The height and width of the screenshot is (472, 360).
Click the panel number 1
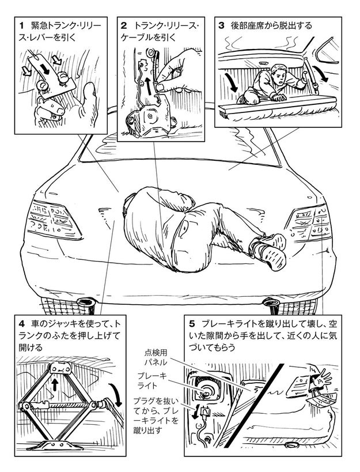coord(21,25)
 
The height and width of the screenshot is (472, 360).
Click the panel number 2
coord(124,25)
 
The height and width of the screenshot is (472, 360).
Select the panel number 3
coord(221,25)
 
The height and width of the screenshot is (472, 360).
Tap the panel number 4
coord(21,324)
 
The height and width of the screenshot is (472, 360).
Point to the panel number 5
coord(192,324)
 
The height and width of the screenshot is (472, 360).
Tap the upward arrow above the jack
coord(55,385)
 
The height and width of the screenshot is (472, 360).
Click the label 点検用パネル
coord(156,357)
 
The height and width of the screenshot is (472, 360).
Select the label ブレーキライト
coord(152,380)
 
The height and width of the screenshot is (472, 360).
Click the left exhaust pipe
coord(86,302)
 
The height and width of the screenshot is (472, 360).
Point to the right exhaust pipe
coord(272,302)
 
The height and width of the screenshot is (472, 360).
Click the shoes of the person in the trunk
coord(268,251)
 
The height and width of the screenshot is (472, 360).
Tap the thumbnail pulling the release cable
coord(160,87)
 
